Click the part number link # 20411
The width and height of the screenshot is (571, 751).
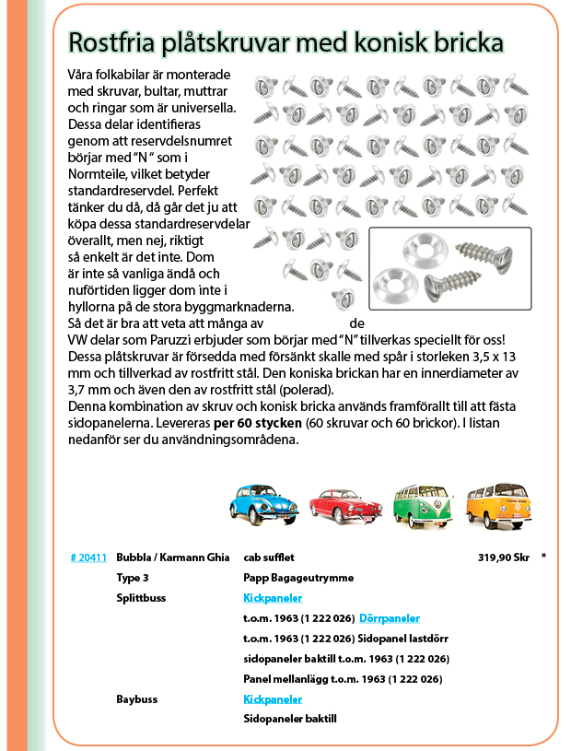click(88, 557)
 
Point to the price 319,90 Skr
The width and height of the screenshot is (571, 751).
click(504, 557)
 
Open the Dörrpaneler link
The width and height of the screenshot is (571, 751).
click(390, 618)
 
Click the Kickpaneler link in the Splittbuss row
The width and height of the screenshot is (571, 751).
click(273, 598)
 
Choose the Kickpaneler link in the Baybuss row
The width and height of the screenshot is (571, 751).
click(273, 699)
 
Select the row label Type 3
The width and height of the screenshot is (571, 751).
click(133, 578)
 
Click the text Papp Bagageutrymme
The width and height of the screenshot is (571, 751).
click(298, 578)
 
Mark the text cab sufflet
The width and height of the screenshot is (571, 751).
click(268, 557)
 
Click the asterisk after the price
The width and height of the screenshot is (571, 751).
click(544, 557)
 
